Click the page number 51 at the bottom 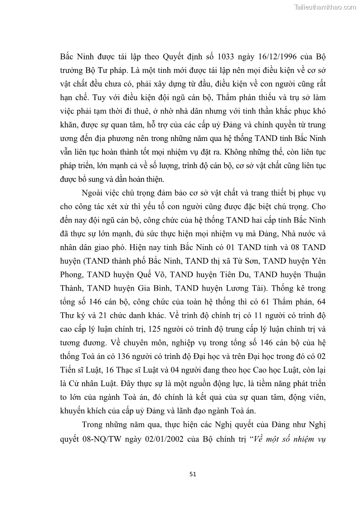click(x=192, y=474)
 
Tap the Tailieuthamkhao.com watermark click(x=326, y=7)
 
